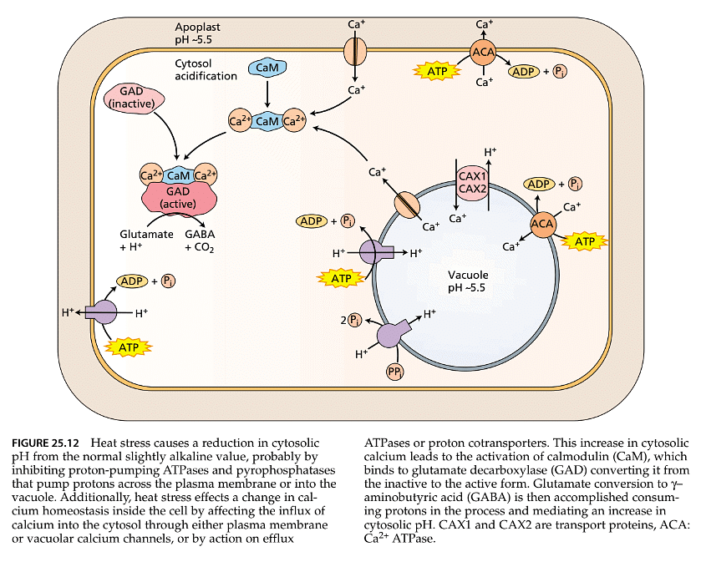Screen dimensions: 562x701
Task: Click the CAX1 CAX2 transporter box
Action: coord(472,182)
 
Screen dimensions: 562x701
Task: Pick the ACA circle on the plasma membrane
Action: coord(483,53)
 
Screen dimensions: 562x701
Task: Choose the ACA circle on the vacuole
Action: coord(544,223)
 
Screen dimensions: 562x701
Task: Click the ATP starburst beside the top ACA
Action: coord(438,72)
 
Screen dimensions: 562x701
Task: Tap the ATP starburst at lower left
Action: coord(128,345)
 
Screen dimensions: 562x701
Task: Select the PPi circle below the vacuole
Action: coord(394,372)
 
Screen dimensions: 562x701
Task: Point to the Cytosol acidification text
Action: coord(206,69)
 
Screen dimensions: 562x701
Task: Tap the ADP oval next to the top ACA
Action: coord(524,72)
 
